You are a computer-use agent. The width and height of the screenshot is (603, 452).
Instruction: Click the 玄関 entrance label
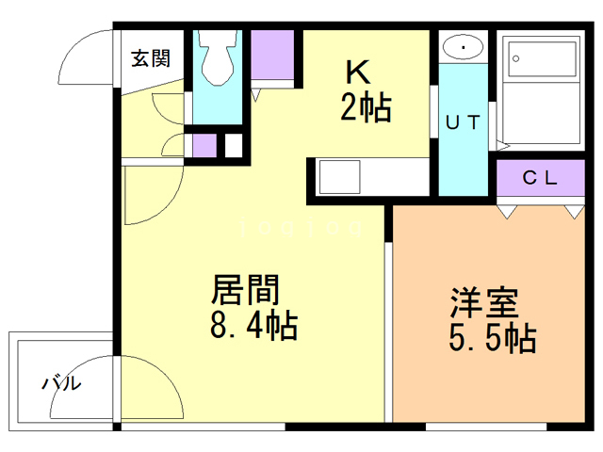point(151,58)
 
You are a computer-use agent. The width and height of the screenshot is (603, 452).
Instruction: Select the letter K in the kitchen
point(358,72)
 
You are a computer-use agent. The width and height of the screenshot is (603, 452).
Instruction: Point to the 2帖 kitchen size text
point(366,107)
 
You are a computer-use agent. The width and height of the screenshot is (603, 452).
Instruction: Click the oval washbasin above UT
point(464,48)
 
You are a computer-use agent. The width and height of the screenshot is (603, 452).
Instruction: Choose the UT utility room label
point(463,122)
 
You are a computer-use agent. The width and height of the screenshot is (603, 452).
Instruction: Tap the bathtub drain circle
point(516,58)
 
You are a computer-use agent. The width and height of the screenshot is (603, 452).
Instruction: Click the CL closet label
point(540,178)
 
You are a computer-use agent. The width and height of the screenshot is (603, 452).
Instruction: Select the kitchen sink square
point(339,177)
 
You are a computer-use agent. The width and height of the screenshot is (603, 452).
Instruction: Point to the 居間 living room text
point(245,289)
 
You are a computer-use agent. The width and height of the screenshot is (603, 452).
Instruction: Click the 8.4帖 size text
point(253,325)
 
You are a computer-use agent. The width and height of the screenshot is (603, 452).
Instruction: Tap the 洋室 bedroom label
point(484,302)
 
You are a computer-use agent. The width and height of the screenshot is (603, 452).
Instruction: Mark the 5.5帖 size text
point(493,338)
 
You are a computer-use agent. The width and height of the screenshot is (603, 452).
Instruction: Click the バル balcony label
point(61,382)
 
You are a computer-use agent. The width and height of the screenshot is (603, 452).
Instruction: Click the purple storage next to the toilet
point(272,55)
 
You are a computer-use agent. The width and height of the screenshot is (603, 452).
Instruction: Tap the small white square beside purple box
point(234,145)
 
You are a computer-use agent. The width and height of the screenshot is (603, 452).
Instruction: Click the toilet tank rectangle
point(218,39)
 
